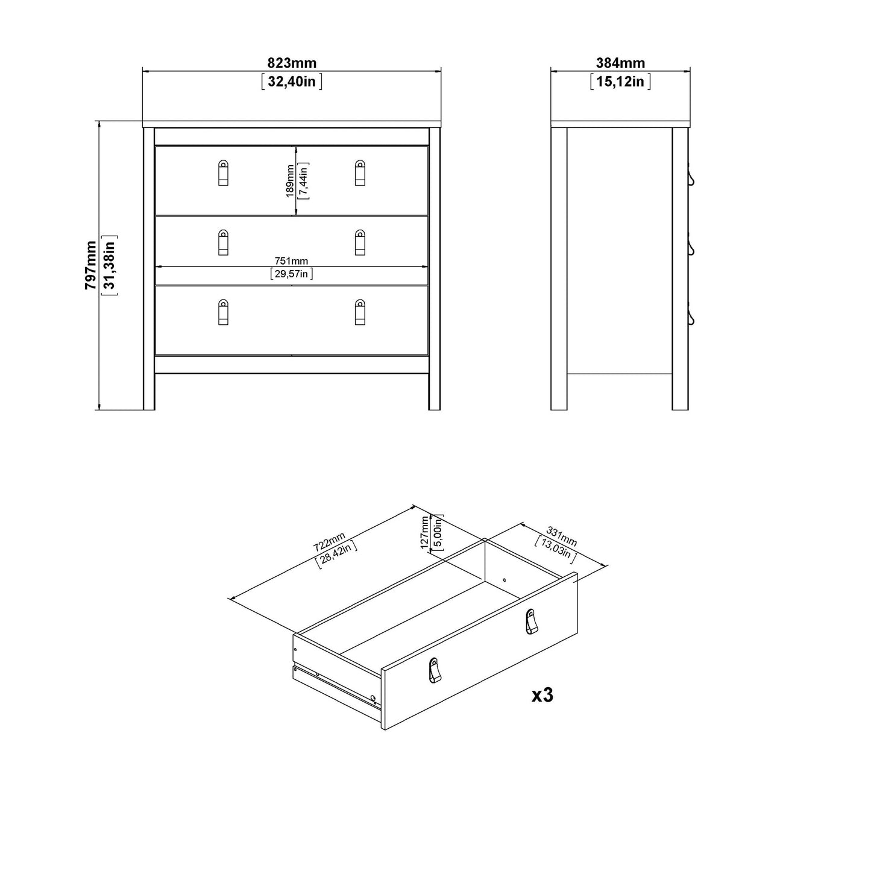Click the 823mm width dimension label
point(292,63)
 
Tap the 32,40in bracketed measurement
point(292,81)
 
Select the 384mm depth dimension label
point(620,63)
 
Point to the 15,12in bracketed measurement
point(620,81)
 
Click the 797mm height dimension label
point(91,265)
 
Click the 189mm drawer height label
point(290,181)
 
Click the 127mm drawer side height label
point(425,531)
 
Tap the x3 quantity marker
point(542,695)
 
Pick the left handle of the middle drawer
point(223,242)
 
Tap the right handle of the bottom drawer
point(360,312)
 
